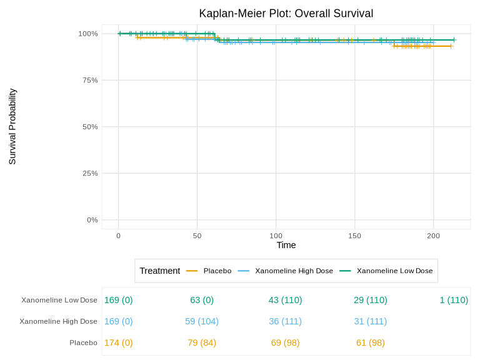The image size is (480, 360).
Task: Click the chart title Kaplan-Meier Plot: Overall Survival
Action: (x=286, y=14)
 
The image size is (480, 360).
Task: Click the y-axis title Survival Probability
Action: (x=12, y=127)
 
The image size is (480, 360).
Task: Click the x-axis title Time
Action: (x=286, y=245)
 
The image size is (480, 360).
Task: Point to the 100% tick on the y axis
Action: (x=88, y=34)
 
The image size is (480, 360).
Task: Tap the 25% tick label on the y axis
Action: (x=89, y=173)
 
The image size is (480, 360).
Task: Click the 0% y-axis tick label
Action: (x=91, y=220)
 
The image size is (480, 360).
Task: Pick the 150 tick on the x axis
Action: (x=354, y=236)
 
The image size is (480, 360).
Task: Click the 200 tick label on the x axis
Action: (x=433, y=236)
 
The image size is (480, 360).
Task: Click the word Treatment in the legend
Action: (x=159, y=271)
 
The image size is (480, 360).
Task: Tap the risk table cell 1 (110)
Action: (x=454, y=300)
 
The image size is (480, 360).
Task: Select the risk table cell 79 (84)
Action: (x=202, y=342)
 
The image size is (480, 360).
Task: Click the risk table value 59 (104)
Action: (x=202, y=321)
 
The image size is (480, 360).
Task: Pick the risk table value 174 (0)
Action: (x=118, y=342)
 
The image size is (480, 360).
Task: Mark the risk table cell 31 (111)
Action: (x=371, y=321)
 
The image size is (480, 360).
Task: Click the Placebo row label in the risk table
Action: (x=83, y=342)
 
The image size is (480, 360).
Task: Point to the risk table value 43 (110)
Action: (x=285, y=300)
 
